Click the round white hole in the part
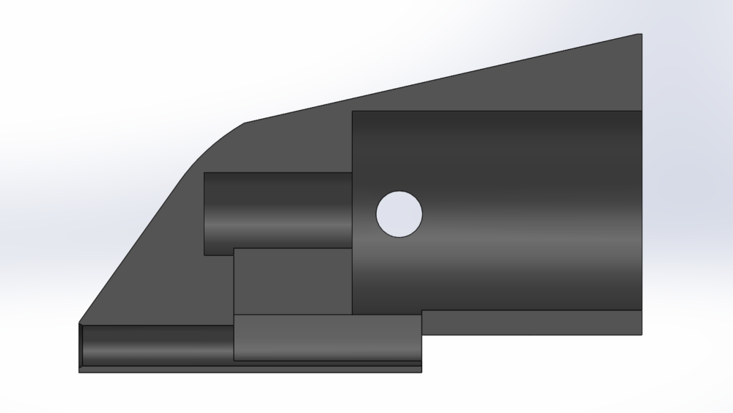[x=399, y=214]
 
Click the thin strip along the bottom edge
[x=249, y=369]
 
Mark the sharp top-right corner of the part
[x=641, y=34]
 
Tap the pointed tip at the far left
[x=80, y=323]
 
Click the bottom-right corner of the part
[x=642, y=335]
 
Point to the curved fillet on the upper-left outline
[x=213, y=143]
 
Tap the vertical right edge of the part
[x=642, y=183]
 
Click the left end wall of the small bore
[x=205, y=213]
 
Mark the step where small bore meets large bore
[x=353, y=213]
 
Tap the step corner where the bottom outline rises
[x=422, y=335]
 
